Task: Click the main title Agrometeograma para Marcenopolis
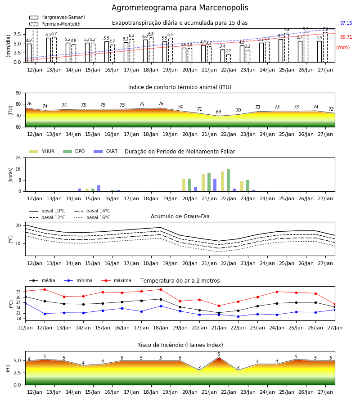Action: pos(180,8)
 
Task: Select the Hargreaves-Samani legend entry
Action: pos(57,17)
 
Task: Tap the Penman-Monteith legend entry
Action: pos(55,24)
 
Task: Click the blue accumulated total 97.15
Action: pos(346,23)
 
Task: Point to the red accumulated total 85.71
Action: pos(346,37)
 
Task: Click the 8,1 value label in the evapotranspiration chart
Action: pos(306,29)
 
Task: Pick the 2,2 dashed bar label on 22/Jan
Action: pos(228,50)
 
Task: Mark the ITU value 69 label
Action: pos(219,112)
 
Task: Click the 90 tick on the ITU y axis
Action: pos(18,93)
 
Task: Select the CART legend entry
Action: pos(105,151)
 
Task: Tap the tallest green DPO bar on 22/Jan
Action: pos(228,180)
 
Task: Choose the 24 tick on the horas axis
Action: pos(18,157)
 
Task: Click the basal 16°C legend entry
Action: pos(92,217)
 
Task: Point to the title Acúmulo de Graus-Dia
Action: pos(180,216)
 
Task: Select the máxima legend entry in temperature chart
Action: pos(116,280)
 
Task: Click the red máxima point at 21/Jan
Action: pos(219,306)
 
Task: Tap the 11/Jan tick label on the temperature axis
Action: pos(25,328)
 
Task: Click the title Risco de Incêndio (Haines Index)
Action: pos(180,345)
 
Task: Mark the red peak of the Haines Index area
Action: pos(219,358)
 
